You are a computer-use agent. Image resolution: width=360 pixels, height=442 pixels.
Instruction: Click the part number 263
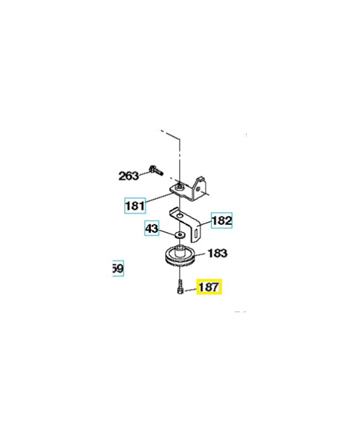129,176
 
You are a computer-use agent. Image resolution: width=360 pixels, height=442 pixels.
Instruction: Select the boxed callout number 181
135,207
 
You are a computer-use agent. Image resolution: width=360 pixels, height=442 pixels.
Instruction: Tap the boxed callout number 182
222,221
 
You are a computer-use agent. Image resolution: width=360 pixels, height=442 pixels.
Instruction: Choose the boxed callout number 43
152,228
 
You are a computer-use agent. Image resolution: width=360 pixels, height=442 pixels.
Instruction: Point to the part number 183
218,253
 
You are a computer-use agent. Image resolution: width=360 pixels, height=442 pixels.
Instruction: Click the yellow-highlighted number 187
209,287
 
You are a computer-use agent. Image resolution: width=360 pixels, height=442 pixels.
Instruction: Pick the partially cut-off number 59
118,269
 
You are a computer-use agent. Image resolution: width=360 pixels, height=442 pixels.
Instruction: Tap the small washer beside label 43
179,235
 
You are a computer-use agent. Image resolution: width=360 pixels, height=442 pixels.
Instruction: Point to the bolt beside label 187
180,288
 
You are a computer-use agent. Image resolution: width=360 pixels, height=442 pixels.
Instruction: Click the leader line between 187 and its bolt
190,289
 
